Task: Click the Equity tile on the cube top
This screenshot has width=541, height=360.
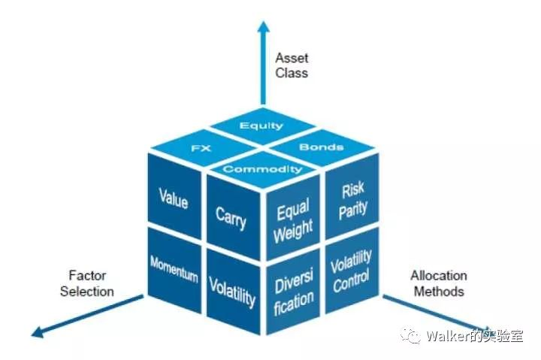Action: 261,126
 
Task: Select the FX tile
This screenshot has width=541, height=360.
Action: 201,148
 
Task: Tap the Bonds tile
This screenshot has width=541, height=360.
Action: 322,147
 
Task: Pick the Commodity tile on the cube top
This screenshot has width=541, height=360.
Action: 262,169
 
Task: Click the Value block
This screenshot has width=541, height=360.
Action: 174,199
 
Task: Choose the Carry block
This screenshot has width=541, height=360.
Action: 231,218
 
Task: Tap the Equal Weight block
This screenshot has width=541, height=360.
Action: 293,222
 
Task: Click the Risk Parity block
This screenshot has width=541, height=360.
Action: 352,200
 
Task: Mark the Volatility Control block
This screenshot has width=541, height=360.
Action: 352,271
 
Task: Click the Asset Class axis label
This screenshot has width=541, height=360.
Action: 292,65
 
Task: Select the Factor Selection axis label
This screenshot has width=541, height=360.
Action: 87,283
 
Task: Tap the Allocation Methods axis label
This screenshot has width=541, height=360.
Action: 439,283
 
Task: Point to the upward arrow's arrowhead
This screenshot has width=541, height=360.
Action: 263,28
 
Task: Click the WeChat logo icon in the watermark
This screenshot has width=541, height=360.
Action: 412,336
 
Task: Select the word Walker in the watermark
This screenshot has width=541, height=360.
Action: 449,336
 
